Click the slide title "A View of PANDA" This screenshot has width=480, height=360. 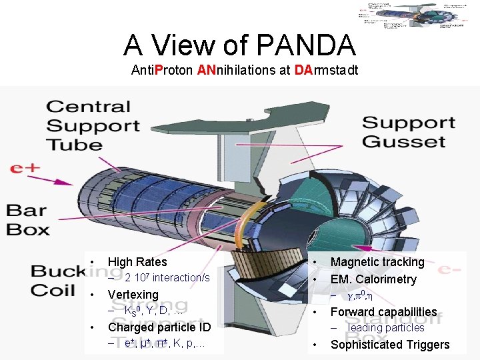coord(239,45)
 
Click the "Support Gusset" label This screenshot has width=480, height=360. coord(408,132)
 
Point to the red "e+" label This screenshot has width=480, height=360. coord(26,168)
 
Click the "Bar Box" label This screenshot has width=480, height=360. coord(29,220)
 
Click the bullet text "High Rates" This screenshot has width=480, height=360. coord(137,262)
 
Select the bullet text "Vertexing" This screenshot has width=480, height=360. coord(133,295)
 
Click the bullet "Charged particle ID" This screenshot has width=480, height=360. coord(159,327)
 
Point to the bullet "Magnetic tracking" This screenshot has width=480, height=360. coord(377,262)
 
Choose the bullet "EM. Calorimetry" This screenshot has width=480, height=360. coord(373,279)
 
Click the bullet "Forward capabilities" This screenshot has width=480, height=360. coord(383,311)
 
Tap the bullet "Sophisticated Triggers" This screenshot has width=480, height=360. coord(390,345)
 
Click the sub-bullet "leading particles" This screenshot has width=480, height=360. coord(386,328)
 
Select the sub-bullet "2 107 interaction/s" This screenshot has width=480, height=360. coord(167,277)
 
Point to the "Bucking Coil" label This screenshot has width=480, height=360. coord(57,280)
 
